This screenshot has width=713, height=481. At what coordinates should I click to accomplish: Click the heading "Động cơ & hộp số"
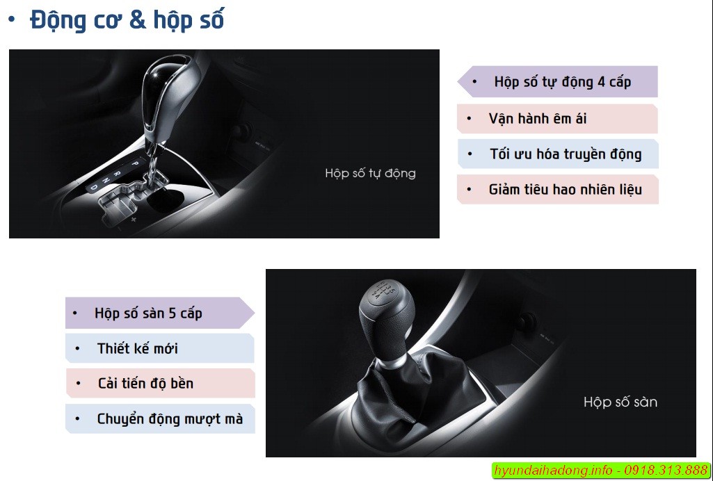[x=127, y=20]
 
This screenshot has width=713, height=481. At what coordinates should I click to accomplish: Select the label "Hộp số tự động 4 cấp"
[x=563, y=82]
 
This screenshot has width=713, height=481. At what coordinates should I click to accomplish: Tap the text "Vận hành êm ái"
[x=538, y=119]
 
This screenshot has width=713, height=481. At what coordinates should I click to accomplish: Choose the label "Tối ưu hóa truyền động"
[x=566, y=154]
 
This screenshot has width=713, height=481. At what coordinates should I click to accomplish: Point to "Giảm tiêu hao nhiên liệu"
[x=566, y=189]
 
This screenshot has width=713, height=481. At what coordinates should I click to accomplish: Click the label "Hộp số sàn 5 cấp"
[x=148, y=313]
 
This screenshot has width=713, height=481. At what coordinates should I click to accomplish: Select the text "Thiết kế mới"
[x=137, y=348]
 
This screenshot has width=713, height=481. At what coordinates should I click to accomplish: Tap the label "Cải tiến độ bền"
[x=145, y=384]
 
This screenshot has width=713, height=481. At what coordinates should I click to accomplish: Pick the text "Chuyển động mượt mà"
[x=170, y=418]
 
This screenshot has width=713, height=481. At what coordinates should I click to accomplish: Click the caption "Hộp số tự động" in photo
[x=370, y=173]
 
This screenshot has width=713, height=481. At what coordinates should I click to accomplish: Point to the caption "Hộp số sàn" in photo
[x=620, y=402]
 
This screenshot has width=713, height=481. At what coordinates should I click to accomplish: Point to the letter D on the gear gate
[x=94, y=187]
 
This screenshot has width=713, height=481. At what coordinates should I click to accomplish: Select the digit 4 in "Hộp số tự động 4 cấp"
[x=601, y=82]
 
